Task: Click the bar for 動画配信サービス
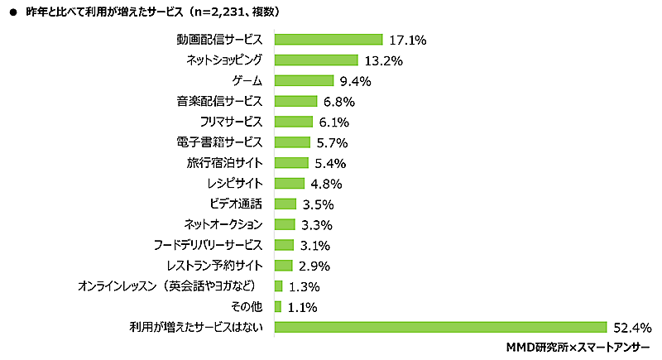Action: pos(328,40)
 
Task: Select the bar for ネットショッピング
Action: pos(315,60)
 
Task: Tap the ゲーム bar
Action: pos(304,81)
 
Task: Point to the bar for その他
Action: pos(278,307)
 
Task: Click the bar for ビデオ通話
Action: pos(285,204)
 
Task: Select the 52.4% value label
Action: pos(632,327)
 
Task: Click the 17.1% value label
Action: pos(406,40)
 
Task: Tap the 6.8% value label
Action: pos(338,102)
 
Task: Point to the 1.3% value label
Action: pos(304,286)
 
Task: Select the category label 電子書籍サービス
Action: pos(219,142)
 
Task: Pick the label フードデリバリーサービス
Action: pos(209,245)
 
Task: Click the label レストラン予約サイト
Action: pos(213,266)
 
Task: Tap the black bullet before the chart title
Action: pos(12,12)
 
